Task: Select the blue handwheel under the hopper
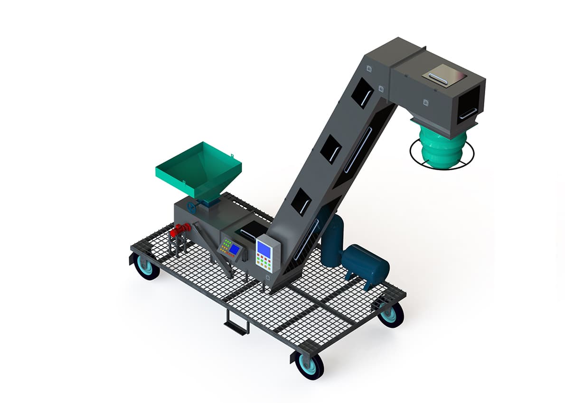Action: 192,207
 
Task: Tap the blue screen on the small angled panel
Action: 234,249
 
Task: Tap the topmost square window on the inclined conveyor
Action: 362,93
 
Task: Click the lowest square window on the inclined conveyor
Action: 301,202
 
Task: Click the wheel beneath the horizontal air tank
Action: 391,314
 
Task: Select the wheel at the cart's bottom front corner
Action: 309,365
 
